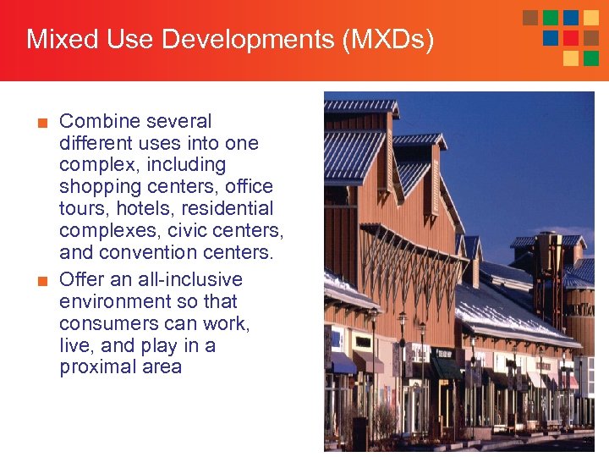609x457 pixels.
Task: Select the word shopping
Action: tap(97, 187)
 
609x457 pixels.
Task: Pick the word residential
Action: tap(232, 208)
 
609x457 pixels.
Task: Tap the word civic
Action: tap(193, 230)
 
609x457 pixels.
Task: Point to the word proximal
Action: tap(95, 367)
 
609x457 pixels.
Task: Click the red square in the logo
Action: tap(571, 38)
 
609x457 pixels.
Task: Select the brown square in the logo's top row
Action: tap(530, 18)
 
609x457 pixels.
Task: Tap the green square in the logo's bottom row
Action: tap(591, 58)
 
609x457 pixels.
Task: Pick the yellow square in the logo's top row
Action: tap(591, 18)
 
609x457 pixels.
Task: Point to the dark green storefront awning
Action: tap(444, 369)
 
